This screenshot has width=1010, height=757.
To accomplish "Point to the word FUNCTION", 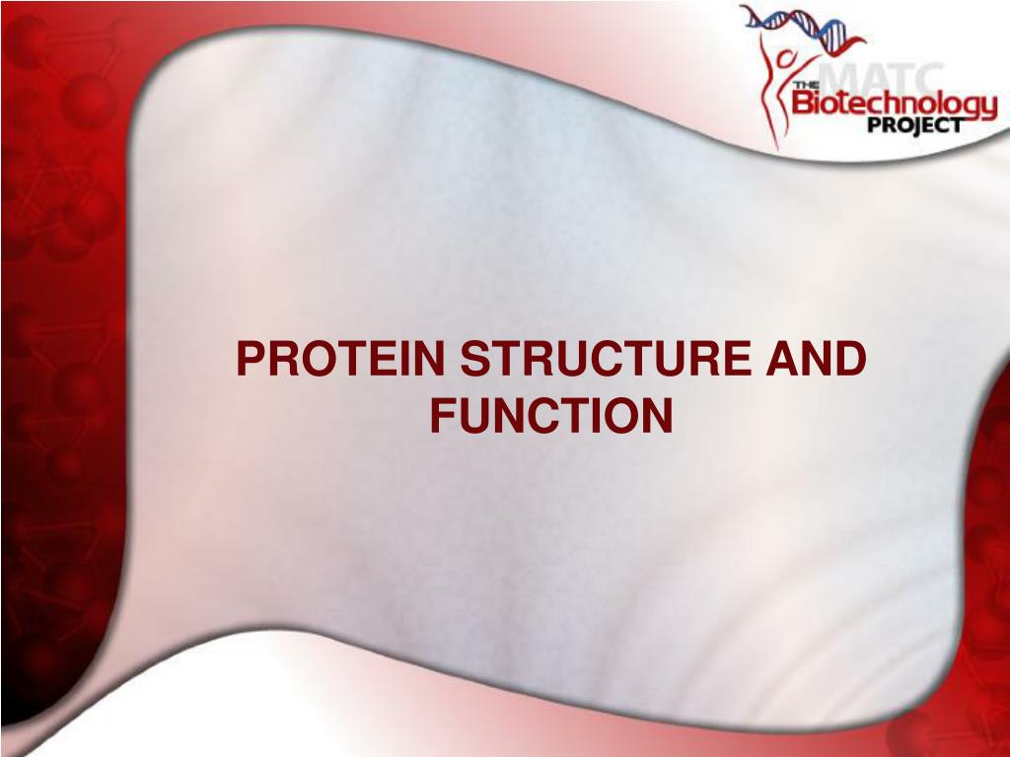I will pyautogui.click(x=551, y=415).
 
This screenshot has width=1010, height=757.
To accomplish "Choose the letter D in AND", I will pyautogui.click(x=851, y=362).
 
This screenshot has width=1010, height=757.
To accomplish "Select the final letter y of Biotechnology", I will pyautogui.click(x=987, y=106).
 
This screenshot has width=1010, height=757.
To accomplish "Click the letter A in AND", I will pyautogui.click(x=788, y=362).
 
